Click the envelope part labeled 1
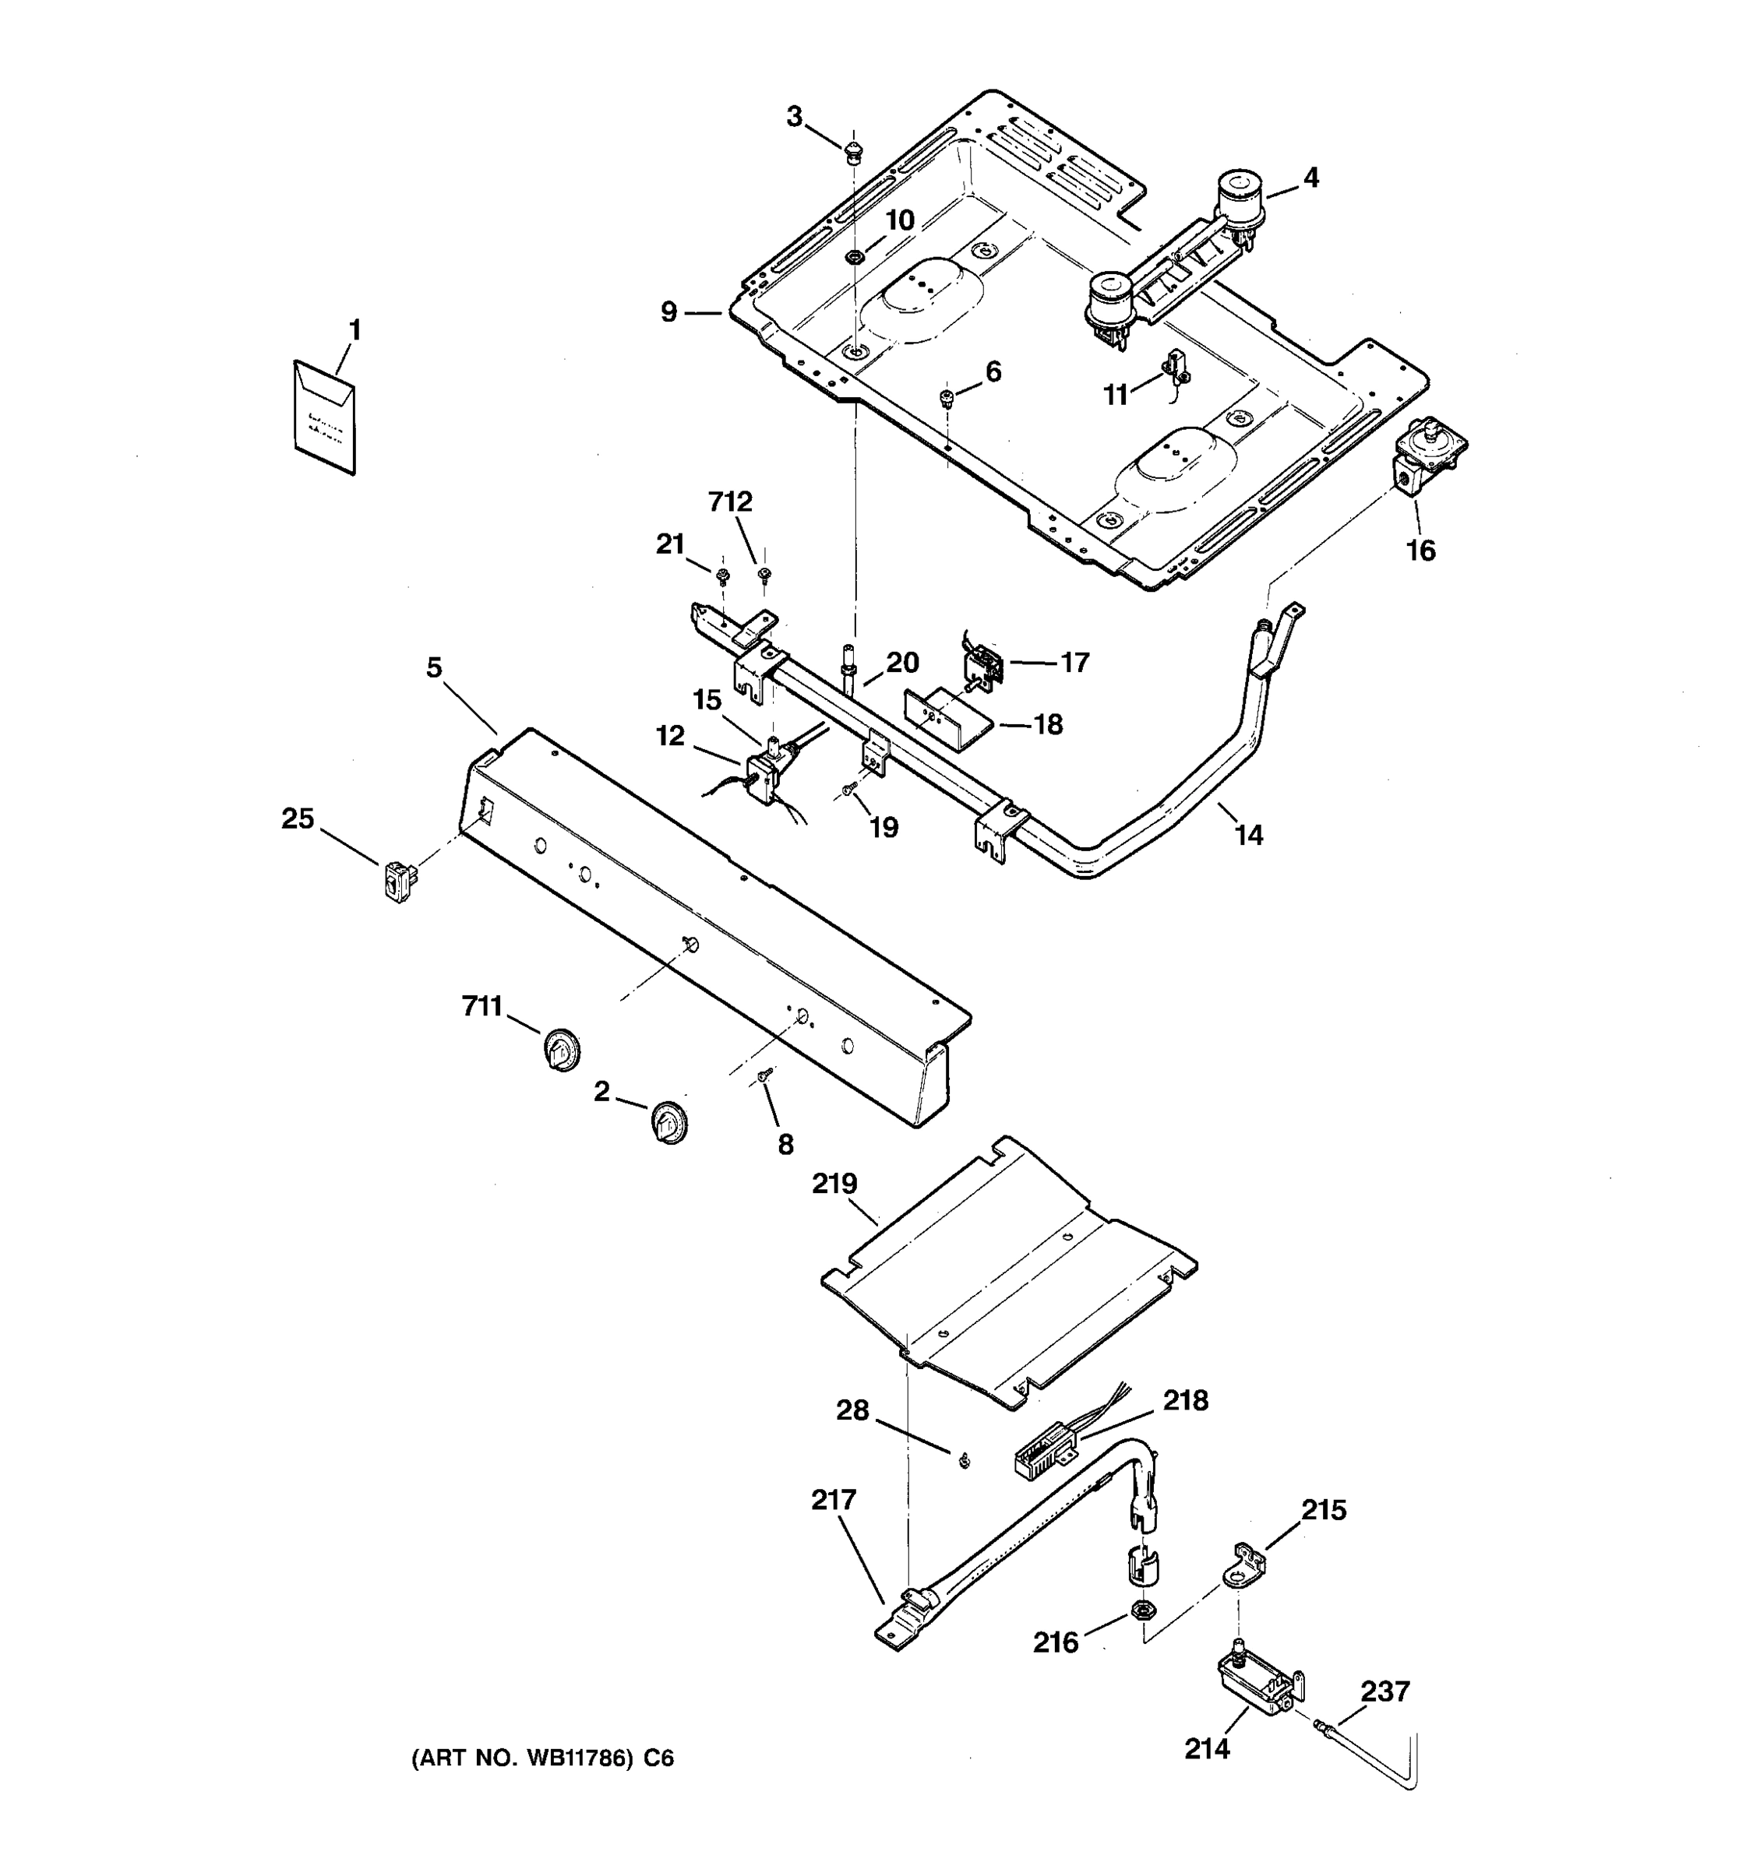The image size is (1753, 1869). tap(324, 417)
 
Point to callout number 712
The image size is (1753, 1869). tap(730, 502)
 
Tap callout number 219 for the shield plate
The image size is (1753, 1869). tap(834, 1183)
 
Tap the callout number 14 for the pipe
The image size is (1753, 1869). tap(1248, 834)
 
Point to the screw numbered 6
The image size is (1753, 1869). tap(947, 399)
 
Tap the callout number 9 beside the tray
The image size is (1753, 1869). tap(668, 311)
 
